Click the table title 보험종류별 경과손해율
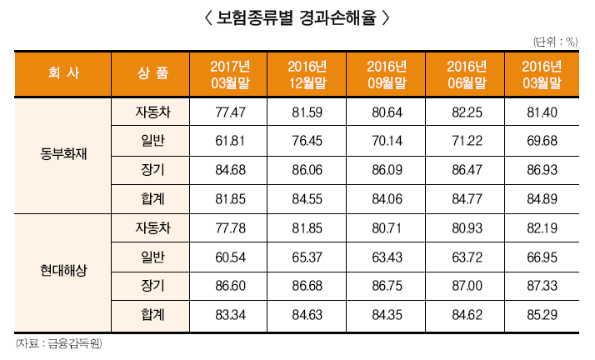(x=297, y=17)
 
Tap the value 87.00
(x=465, y=285)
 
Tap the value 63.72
(x=465, y=257)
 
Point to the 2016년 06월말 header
(x=465, y=73)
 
